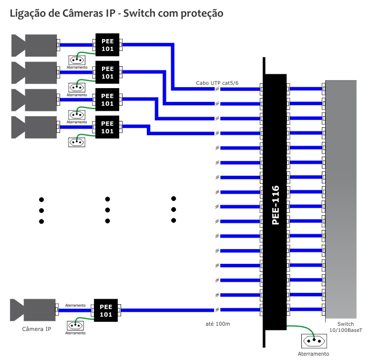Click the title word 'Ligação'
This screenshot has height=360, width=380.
pos(27,14)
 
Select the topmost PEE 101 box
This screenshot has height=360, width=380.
pos(107,45)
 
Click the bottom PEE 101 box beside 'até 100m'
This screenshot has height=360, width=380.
pos(106,310)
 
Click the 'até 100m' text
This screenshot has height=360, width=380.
pos(217,324)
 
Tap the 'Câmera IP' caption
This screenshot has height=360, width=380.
pos(37,329)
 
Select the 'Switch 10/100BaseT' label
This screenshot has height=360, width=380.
pos(345,327)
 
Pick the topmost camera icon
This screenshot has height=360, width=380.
pos(33,45)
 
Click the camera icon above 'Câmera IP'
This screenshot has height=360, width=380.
pos(32,310)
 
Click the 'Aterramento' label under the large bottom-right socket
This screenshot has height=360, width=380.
pos(313,354)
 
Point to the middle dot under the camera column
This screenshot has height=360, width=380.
pos(41,210)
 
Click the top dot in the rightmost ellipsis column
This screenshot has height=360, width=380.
pos(174,199)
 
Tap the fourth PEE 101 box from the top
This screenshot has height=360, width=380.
pos(107,127)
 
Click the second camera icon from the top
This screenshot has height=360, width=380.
pos(33,72)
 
